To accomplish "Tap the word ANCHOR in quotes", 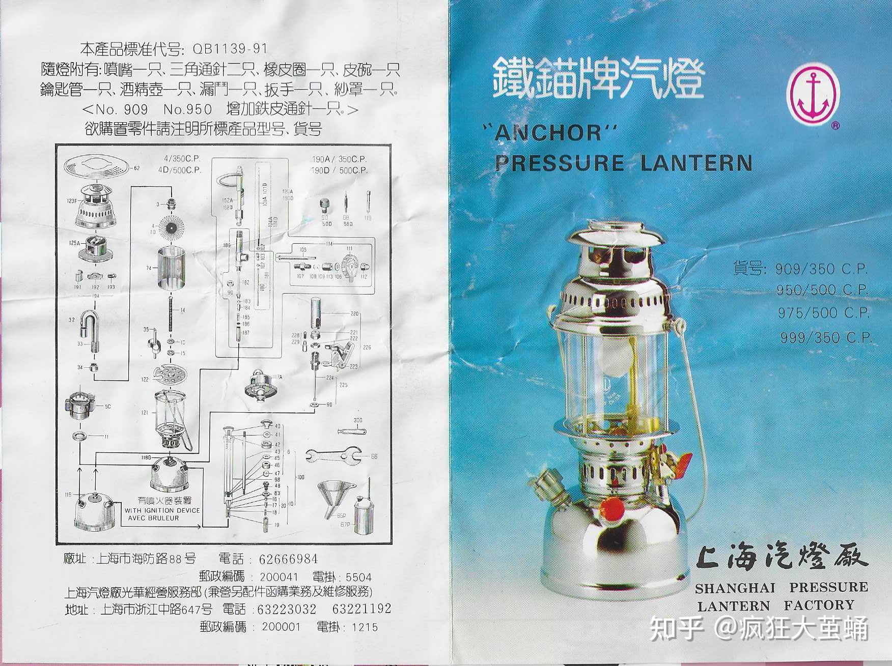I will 549,133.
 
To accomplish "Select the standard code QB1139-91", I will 230,49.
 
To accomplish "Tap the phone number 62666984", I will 288,559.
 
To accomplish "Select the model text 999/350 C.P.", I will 826,337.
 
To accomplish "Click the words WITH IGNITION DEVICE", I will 162,510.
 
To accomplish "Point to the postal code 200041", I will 278,577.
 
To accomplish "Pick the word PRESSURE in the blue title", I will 560,163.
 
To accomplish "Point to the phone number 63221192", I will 361,609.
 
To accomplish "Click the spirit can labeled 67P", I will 363,517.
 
